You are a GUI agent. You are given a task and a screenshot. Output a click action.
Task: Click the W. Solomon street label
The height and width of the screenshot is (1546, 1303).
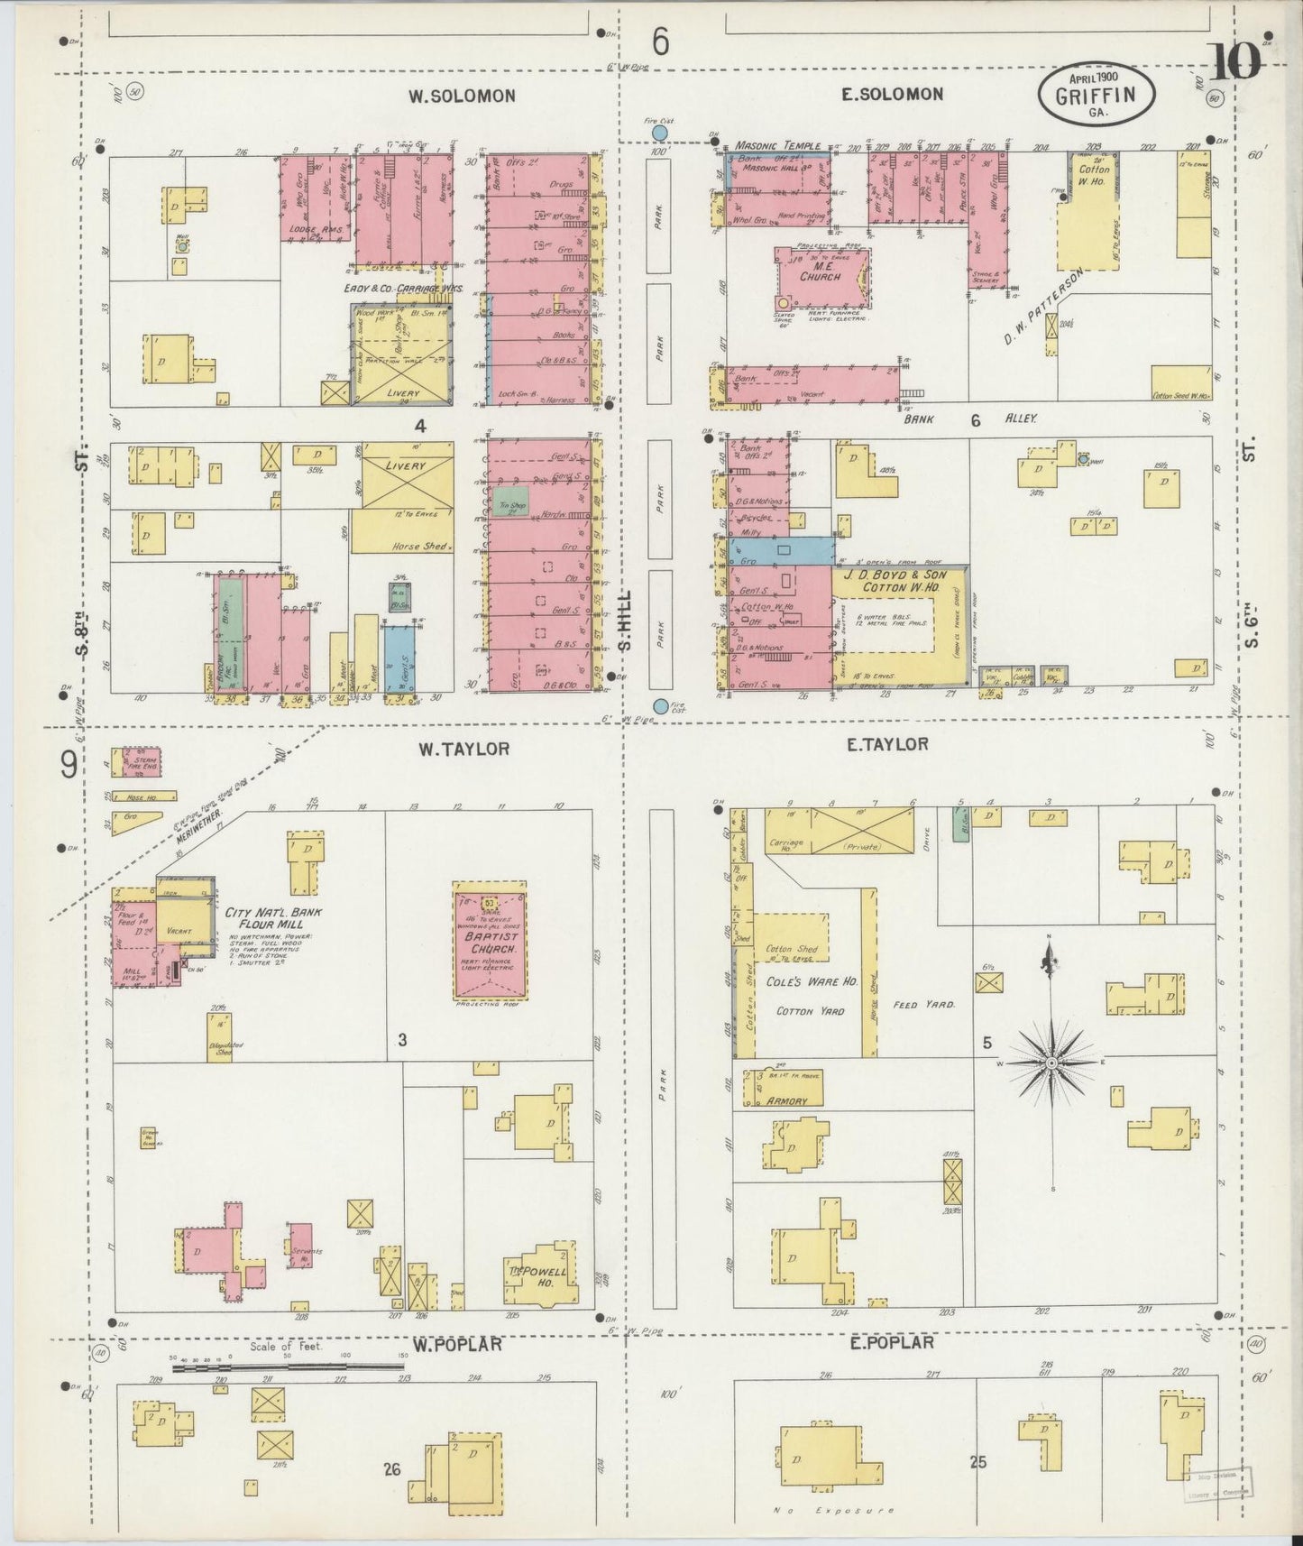[461, 96]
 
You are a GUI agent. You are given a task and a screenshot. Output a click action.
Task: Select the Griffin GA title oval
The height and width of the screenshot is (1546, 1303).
[1097, 95]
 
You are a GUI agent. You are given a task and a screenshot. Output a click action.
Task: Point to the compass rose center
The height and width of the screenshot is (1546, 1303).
[1051, 1064]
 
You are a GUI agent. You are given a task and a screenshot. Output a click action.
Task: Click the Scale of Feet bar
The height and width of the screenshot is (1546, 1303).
[289, 1367]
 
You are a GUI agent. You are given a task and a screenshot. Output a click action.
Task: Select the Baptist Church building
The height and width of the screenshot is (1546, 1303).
[491, 943]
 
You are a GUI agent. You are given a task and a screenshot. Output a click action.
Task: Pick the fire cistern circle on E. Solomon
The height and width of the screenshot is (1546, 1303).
[660, 133]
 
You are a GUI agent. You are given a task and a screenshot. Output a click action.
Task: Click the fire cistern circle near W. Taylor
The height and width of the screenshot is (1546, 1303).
[661, 706]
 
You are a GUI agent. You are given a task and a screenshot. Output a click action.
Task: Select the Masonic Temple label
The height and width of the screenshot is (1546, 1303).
[777, 145]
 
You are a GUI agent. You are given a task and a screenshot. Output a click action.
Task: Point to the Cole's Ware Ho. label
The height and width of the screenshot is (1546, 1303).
[812, 981]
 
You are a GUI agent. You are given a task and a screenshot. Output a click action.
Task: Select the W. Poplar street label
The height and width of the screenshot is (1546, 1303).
[457, 1345]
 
